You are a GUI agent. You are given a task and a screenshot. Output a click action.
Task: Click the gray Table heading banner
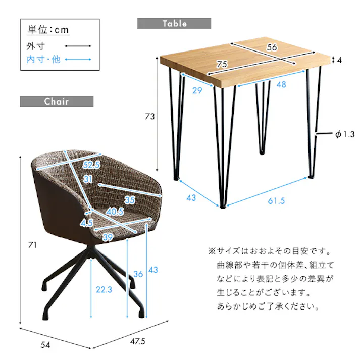click(174, 24)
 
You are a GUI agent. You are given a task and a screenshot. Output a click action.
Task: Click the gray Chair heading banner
click(56, 101)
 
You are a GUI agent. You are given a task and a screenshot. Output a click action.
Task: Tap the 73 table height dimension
click(149, 117)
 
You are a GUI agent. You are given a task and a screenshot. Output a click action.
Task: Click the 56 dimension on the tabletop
click(272, 47)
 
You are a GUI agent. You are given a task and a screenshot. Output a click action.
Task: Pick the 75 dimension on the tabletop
click(220, 64)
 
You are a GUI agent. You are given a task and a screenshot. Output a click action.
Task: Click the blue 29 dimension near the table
click(198, 90)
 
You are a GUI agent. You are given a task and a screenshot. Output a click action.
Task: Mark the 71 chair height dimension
click(32, 246)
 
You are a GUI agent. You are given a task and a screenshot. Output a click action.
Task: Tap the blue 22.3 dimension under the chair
click(103, 289)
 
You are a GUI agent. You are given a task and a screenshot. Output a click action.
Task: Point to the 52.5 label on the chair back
click(92, 165)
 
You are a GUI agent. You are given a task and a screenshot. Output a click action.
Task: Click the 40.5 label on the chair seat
click(115, 212)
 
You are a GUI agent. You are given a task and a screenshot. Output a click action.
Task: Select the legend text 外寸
click(36, 46)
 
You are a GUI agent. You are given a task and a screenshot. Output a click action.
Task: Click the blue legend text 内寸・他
click(43, 60)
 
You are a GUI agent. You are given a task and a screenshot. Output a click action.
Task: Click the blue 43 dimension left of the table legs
click(191, 198)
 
